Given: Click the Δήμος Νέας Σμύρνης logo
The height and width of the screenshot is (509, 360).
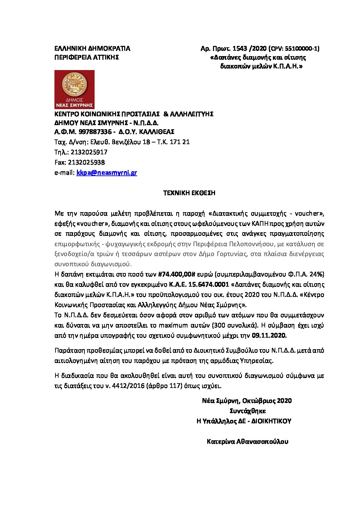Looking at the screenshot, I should (75, 90).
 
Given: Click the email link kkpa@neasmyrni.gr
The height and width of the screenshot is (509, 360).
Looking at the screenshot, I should (107, 173).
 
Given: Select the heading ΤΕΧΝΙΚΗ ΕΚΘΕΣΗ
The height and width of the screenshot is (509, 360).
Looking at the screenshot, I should (189, 193).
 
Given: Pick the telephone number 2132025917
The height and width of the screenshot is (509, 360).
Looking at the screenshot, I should (88, 152).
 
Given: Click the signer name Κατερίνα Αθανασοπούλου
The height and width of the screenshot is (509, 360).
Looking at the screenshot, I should (247, 442).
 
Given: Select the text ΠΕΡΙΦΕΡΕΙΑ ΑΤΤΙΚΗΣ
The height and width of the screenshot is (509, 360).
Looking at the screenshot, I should (86, 57).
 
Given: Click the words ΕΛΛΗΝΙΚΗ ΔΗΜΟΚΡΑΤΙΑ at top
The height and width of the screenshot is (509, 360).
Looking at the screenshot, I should (92, 49).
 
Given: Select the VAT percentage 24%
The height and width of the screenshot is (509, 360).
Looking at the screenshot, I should (316, 274).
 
